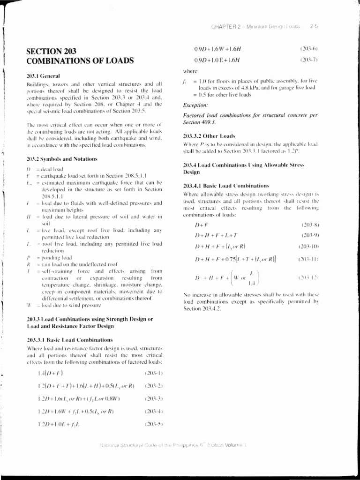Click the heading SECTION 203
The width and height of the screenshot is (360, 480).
pyautogui.click(x=52, y=51)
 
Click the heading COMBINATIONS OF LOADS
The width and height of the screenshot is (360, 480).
pyautogui.click(x=80, y=60)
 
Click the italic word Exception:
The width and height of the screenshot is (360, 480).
pyautogui.click(x=195, y=105)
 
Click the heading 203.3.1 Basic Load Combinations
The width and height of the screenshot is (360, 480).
pyautogui.click(x=70, y=339)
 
